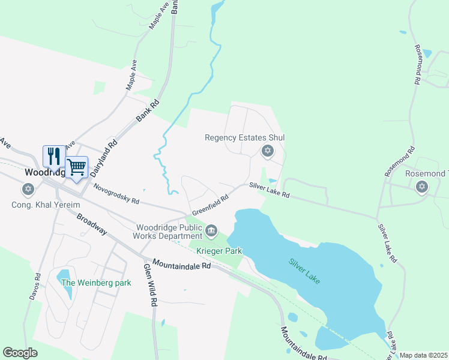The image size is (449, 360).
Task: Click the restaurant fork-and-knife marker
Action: pyautogui.click(x=54, y=157)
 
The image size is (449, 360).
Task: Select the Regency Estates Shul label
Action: pyautogui.click(x=244, y=137)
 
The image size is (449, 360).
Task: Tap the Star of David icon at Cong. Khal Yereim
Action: pyautogui.click(x=27, y=190)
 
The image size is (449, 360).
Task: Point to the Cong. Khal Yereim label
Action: pyautogui.click(x=46, y=205)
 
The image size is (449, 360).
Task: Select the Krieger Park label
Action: pyautogui.click(x=218, y=249)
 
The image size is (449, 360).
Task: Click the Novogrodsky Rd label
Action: pyautogui.click(x=116, y=193)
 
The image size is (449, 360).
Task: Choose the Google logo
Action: pyautogui.click(x=20, y=353)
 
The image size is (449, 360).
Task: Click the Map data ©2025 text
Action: pyautogui.click(x=423, y=355)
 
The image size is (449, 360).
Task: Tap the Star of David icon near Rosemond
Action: pyautogui.click(x=421, y=187)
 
